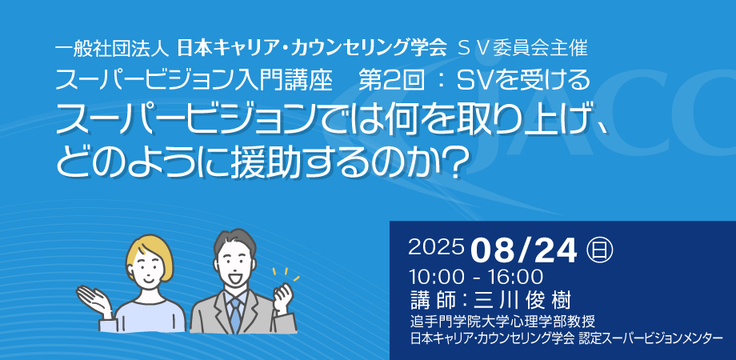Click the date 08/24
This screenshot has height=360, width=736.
point(524,251)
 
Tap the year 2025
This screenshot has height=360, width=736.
point(437,248)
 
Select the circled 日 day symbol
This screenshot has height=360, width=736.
point(600,250)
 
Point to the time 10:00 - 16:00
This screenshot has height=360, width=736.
point(476,277)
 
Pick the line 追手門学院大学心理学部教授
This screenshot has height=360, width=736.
point(502,322)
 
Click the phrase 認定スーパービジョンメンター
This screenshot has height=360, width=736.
point(650,338)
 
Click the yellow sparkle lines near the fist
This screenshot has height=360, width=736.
point(286,274)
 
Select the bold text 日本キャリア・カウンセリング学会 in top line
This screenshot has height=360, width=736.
point(311,48)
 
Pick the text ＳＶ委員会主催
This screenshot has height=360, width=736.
point(523,48)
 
